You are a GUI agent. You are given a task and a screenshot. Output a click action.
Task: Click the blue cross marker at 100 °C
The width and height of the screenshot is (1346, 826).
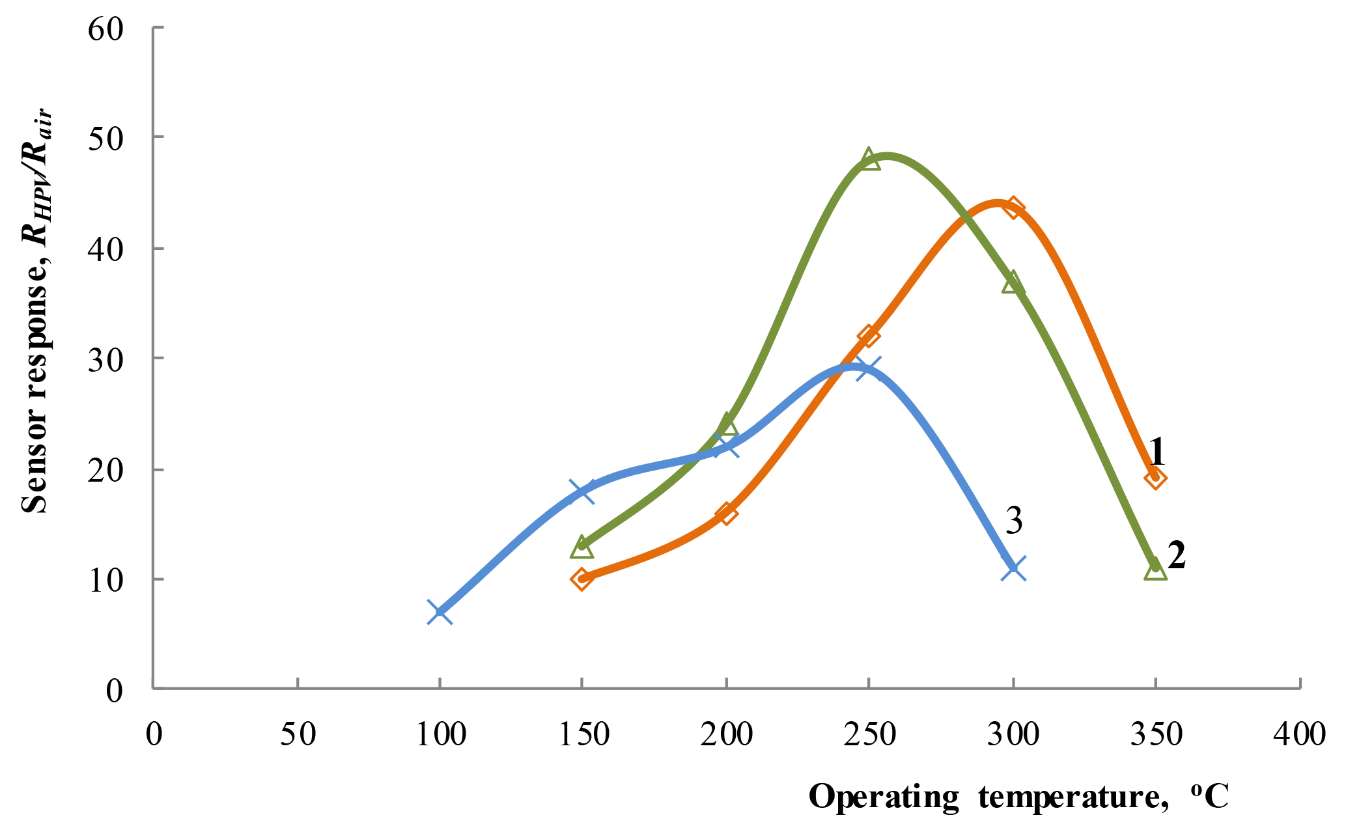coord(440,612)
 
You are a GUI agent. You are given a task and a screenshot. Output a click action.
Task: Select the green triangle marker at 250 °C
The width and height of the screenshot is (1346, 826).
coord(869,159)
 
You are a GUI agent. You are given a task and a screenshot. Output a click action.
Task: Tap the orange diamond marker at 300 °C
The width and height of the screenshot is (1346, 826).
coord(1013,208)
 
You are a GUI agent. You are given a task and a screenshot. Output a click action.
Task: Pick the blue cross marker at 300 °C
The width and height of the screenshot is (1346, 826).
coord(1013,568)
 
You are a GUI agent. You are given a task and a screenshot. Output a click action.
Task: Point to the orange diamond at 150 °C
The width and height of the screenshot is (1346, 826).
coord(582,579)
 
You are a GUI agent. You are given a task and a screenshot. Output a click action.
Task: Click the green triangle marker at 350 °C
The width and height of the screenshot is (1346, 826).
coord(1155,570)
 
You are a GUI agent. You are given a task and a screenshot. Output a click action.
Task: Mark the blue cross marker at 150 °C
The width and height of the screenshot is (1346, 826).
coord(582,491)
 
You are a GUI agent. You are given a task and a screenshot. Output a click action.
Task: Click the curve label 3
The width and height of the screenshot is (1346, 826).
coord(1014,521)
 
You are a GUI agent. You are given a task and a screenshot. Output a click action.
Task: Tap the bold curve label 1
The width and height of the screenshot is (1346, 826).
coord(1157,450)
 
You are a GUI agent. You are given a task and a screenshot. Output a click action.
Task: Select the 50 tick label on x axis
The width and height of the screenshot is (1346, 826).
coord(298,734)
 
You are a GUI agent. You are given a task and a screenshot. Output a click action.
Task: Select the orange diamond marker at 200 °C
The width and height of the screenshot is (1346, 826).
coord(725,513)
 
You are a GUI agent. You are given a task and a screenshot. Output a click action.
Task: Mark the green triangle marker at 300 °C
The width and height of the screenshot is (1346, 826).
coord(1013,284)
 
